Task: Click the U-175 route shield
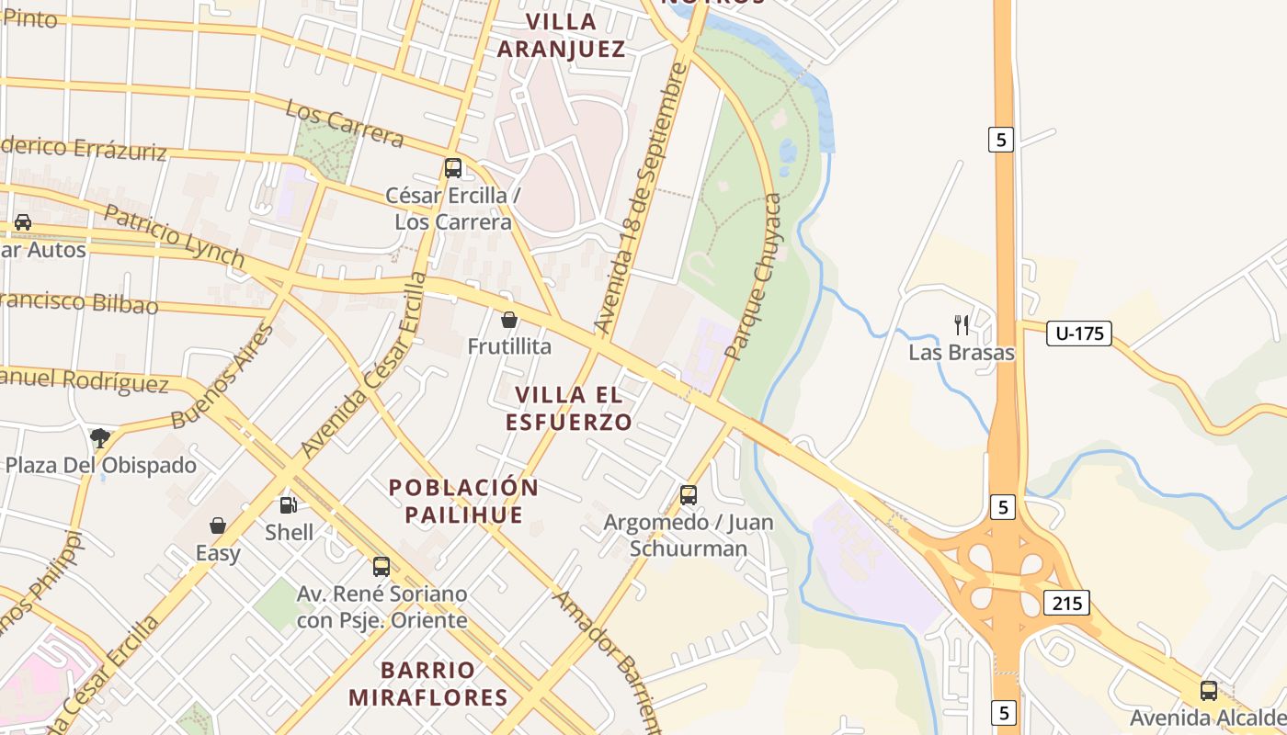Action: (1078, 334)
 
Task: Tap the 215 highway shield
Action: (1065, 603)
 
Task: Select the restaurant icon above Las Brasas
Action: (962, 324)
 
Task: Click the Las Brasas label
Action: (962, 353)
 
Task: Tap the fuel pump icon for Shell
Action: (288, 504)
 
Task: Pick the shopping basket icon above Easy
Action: (218, 526)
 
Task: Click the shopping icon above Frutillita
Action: (508, 320)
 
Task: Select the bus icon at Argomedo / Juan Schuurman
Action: (688, 495)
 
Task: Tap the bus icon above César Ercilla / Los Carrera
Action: (452, 168)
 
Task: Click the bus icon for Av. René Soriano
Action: (382, 567)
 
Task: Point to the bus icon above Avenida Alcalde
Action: (1208, 690)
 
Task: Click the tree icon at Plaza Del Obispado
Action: (100, 437)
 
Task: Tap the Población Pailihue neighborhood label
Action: (463, 501)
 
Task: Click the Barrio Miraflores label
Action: (428, 684)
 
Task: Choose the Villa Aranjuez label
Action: (561, 35)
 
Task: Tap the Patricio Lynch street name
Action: (174, 236)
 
